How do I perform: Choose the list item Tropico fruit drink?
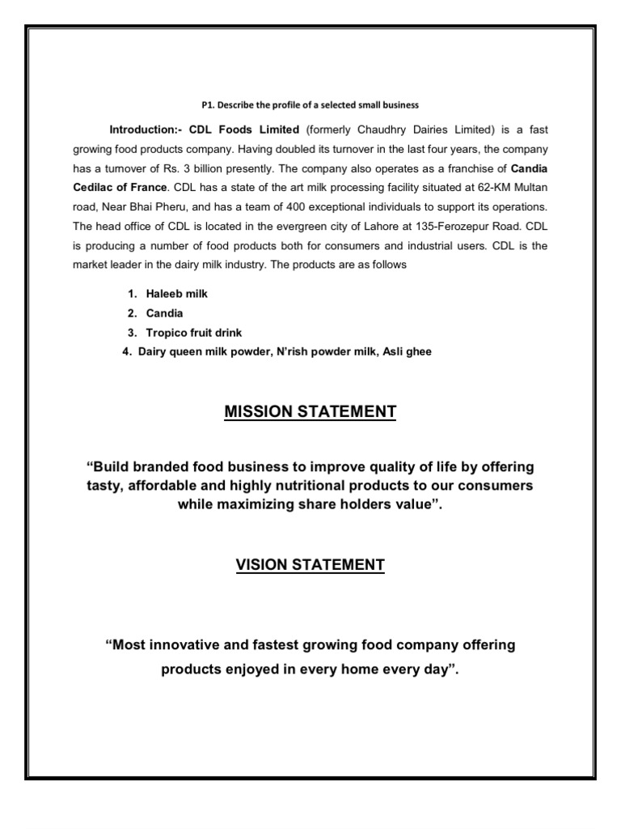(x=190, y=332)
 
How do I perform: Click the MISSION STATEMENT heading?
(x=310, y=412)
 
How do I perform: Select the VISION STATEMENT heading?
(x=310, y=564)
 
